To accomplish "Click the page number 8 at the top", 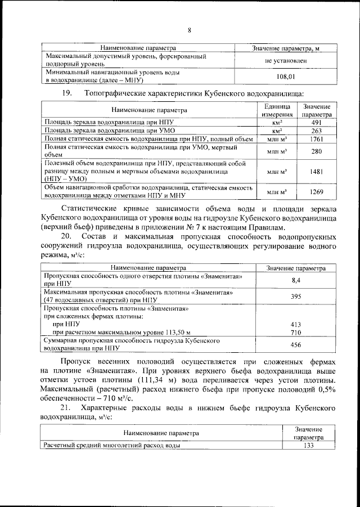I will coord(190,30).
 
